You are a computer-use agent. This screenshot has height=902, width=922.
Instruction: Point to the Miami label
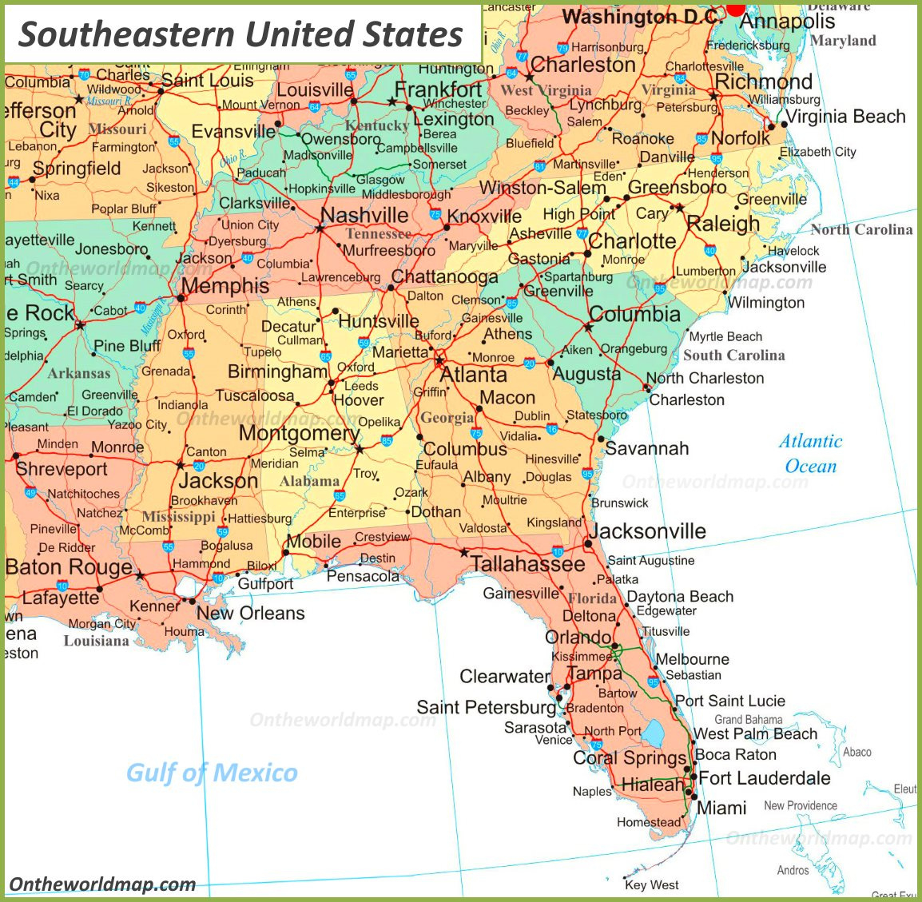pyautogui.click(x=721, y=808)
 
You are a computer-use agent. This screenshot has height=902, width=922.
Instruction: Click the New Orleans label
pyautogui.click(x=250, y=614)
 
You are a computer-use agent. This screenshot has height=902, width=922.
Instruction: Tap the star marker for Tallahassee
pyautogui.click(x=463, y=552)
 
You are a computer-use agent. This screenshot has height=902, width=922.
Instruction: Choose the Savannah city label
pyautogui.click(x=646, y=448)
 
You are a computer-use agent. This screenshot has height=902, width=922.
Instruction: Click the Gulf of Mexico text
pyautogui.click(x=212, y=773)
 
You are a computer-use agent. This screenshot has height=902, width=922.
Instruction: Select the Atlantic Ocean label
pyautogui.click(x=811, y=454)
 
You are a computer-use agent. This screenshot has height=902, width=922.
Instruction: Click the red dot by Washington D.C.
pyautogui.click(x=735, y=8)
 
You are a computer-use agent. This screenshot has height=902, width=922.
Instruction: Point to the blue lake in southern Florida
pyautogui.click(x=654, y=733)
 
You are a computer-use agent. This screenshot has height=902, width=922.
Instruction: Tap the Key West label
pyautogui.click(x=651, y=884)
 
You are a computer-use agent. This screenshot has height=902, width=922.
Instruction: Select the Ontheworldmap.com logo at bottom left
pyautogui.click(x=102, y=884)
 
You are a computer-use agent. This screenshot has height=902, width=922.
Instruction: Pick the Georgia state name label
pyautogui.click(x=447, y=418)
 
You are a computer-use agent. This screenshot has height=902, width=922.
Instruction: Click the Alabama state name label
pyautogui.click(x=309, y=481)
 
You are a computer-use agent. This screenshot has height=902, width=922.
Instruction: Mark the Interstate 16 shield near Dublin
pyautogui.click(x=551, y=429)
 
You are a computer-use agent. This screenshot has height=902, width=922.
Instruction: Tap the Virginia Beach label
pyautogui.click(x=845, y=117)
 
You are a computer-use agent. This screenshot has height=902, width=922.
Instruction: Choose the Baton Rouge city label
pyautogui.click(x=69, y=567)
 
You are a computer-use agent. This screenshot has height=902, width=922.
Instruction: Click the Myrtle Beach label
pyautogui.click(x=725, y=336)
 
